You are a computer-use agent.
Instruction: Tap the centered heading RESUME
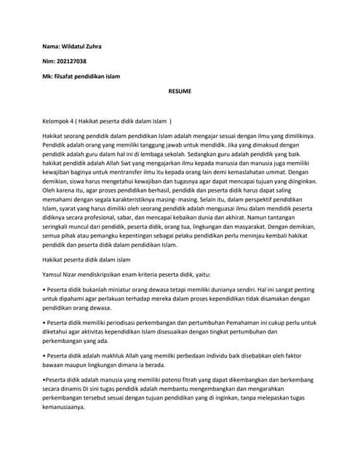point(180,93)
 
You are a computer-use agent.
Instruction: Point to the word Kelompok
point(59,122)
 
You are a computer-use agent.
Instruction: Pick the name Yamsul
point(57,273)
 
